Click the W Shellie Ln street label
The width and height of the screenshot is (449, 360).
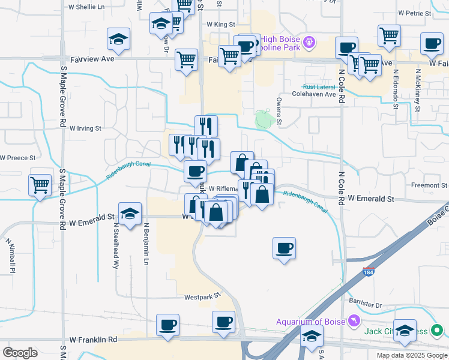point(87,7)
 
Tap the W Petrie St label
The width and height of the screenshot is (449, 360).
point(415,12)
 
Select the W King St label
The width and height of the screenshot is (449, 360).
point(219,25)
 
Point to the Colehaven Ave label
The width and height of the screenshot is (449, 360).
point(313,94)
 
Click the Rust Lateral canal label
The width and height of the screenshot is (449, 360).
point(318,86)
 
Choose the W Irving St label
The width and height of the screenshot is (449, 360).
point(86,128)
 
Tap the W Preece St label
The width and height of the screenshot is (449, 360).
point(18,158)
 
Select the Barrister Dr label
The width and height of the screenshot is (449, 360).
point(366,305)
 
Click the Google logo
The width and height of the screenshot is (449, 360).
point(20,353)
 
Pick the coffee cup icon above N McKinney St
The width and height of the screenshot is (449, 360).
point(432,43)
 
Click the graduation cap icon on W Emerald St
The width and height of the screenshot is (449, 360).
point(129,214)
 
